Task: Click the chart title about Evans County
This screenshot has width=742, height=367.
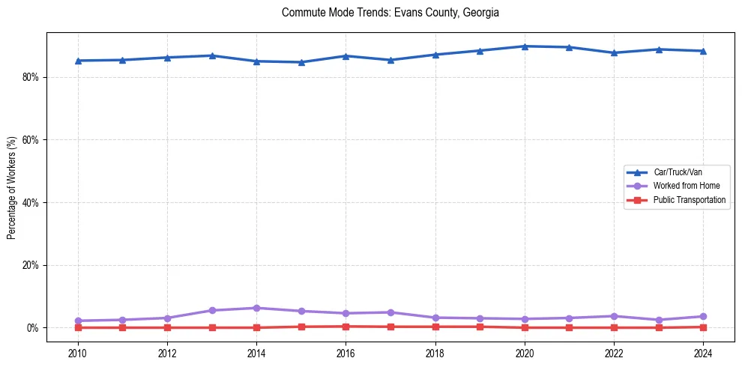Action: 390,13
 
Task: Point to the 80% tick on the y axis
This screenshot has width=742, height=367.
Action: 31,77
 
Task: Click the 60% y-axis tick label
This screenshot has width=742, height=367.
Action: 31,140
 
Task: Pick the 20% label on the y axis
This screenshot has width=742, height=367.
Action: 31,265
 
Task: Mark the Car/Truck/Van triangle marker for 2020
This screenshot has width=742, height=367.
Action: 524,46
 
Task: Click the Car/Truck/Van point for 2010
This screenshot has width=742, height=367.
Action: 78,61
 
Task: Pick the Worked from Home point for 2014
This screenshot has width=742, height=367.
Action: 256,308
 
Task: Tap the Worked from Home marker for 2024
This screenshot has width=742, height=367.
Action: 702,316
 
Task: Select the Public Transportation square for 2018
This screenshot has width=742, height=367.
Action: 435,327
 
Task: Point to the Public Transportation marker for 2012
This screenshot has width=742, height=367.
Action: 167,327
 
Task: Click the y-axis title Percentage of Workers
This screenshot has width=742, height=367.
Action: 12,188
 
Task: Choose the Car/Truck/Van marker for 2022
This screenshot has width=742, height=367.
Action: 613,52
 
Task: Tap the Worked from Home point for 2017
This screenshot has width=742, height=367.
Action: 390,312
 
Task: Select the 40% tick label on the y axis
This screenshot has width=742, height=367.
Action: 31,202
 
